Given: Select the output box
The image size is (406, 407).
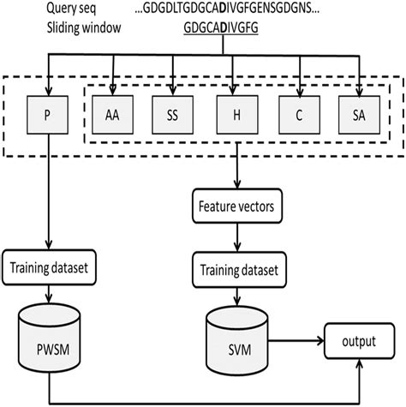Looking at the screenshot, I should (359, 340).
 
